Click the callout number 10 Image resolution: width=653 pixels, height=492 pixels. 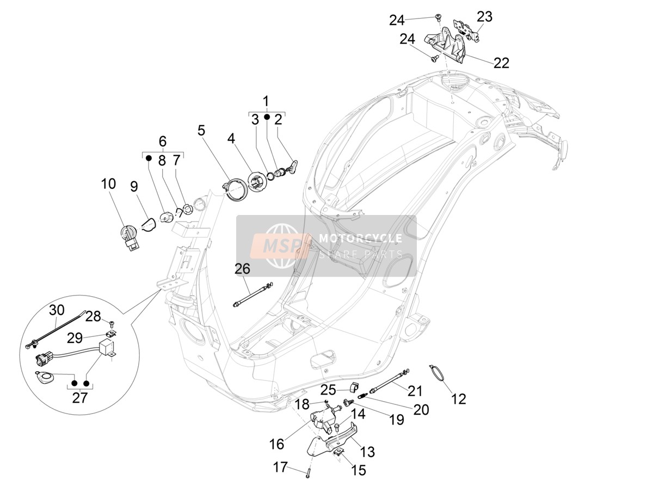[x=108, y=184]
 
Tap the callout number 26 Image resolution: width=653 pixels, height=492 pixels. [x=243, y=269]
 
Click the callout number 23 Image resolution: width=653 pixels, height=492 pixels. [x=485, y=17]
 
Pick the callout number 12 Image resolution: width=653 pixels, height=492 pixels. [x=458, y=399]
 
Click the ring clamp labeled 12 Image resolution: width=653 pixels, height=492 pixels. [x=437, y=372]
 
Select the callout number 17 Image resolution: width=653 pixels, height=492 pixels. [x=280, y=468]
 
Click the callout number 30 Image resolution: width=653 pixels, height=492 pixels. [x=57, y=310]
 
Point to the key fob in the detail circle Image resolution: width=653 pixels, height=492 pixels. [x=44, y=378]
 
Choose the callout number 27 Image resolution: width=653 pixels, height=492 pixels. [x=80, y=398]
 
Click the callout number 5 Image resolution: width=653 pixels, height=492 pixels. [x=201, y=130]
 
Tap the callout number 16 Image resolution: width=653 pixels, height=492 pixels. [x=276, y=445]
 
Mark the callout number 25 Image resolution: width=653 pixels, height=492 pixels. [x=328, y=390]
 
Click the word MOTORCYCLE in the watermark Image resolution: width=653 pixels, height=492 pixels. [x=360, y=238]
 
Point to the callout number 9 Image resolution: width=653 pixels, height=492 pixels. [x=134, y=187]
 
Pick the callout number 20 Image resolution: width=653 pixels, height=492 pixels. [x=421, y=410]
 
